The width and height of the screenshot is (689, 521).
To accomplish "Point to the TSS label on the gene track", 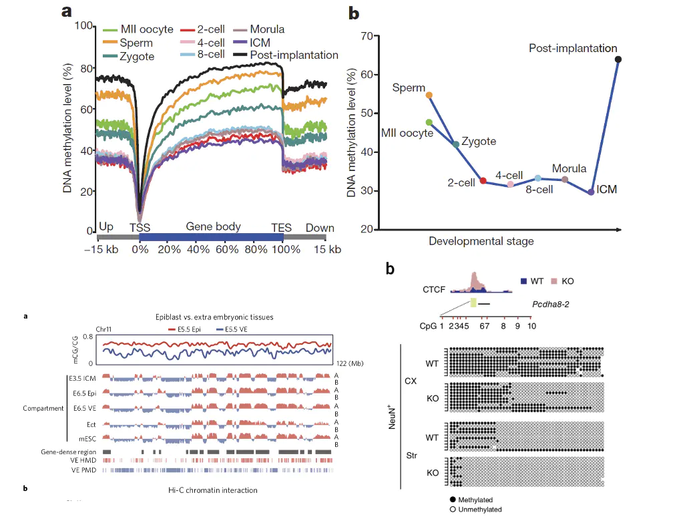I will point(140,228).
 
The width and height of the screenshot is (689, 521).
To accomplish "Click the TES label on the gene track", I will point(281,228).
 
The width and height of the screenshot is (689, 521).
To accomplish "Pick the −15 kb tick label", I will point(100,249).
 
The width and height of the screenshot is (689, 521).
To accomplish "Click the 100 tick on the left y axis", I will point(85,26).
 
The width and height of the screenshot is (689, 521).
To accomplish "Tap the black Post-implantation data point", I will point(618,59).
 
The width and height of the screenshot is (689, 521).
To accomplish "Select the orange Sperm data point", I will point(429,96).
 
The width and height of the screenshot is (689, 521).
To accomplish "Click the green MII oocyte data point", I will point(429,122).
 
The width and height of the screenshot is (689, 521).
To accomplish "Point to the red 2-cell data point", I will point(483,181).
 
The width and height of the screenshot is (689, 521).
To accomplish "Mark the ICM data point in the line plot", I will point(591,192).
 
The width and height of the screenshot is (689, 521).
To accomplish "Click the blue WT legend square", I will point(524,281).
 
